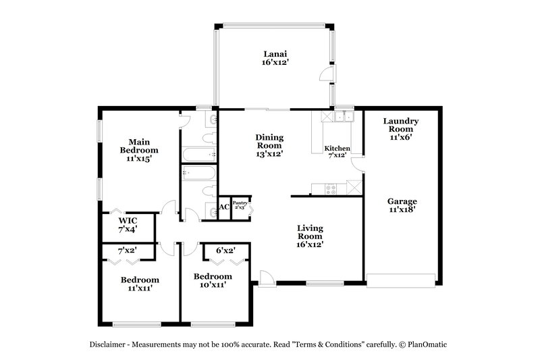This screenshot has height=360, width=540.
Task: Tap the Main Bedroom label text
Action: point(138,151)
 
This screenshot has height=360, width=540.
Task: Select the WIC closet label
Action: point(128,225)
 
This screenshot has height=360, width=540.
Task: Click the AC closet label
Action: point(223,207)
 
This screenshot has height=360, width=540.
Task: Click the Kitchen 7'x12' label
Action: point(336,151)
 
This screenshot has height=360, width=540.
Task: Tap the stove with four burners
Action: point(331,189)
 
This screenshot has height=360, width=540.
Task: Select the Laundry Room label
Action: point(401,128)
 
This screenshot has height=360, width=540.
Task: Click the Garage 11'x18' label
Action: point(402,205)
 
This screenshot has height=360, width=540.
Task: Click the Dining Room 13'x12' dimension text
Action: point(269,153)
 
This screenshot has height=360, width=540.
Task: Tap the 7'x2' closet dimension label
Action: point(128,251)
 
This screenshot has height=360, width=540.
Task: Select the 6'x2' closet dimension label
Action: point(225,251)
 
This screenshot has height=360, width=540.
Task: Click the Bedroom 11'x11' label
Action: point(140,284)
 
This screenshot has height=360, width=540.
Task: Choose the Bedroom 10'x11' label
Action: point(213,280)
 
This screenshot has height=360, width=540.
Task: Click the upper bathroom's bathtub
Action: point(198,155)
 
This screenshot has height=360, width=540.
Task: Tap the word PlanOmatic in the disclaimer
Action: point(425,344)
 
